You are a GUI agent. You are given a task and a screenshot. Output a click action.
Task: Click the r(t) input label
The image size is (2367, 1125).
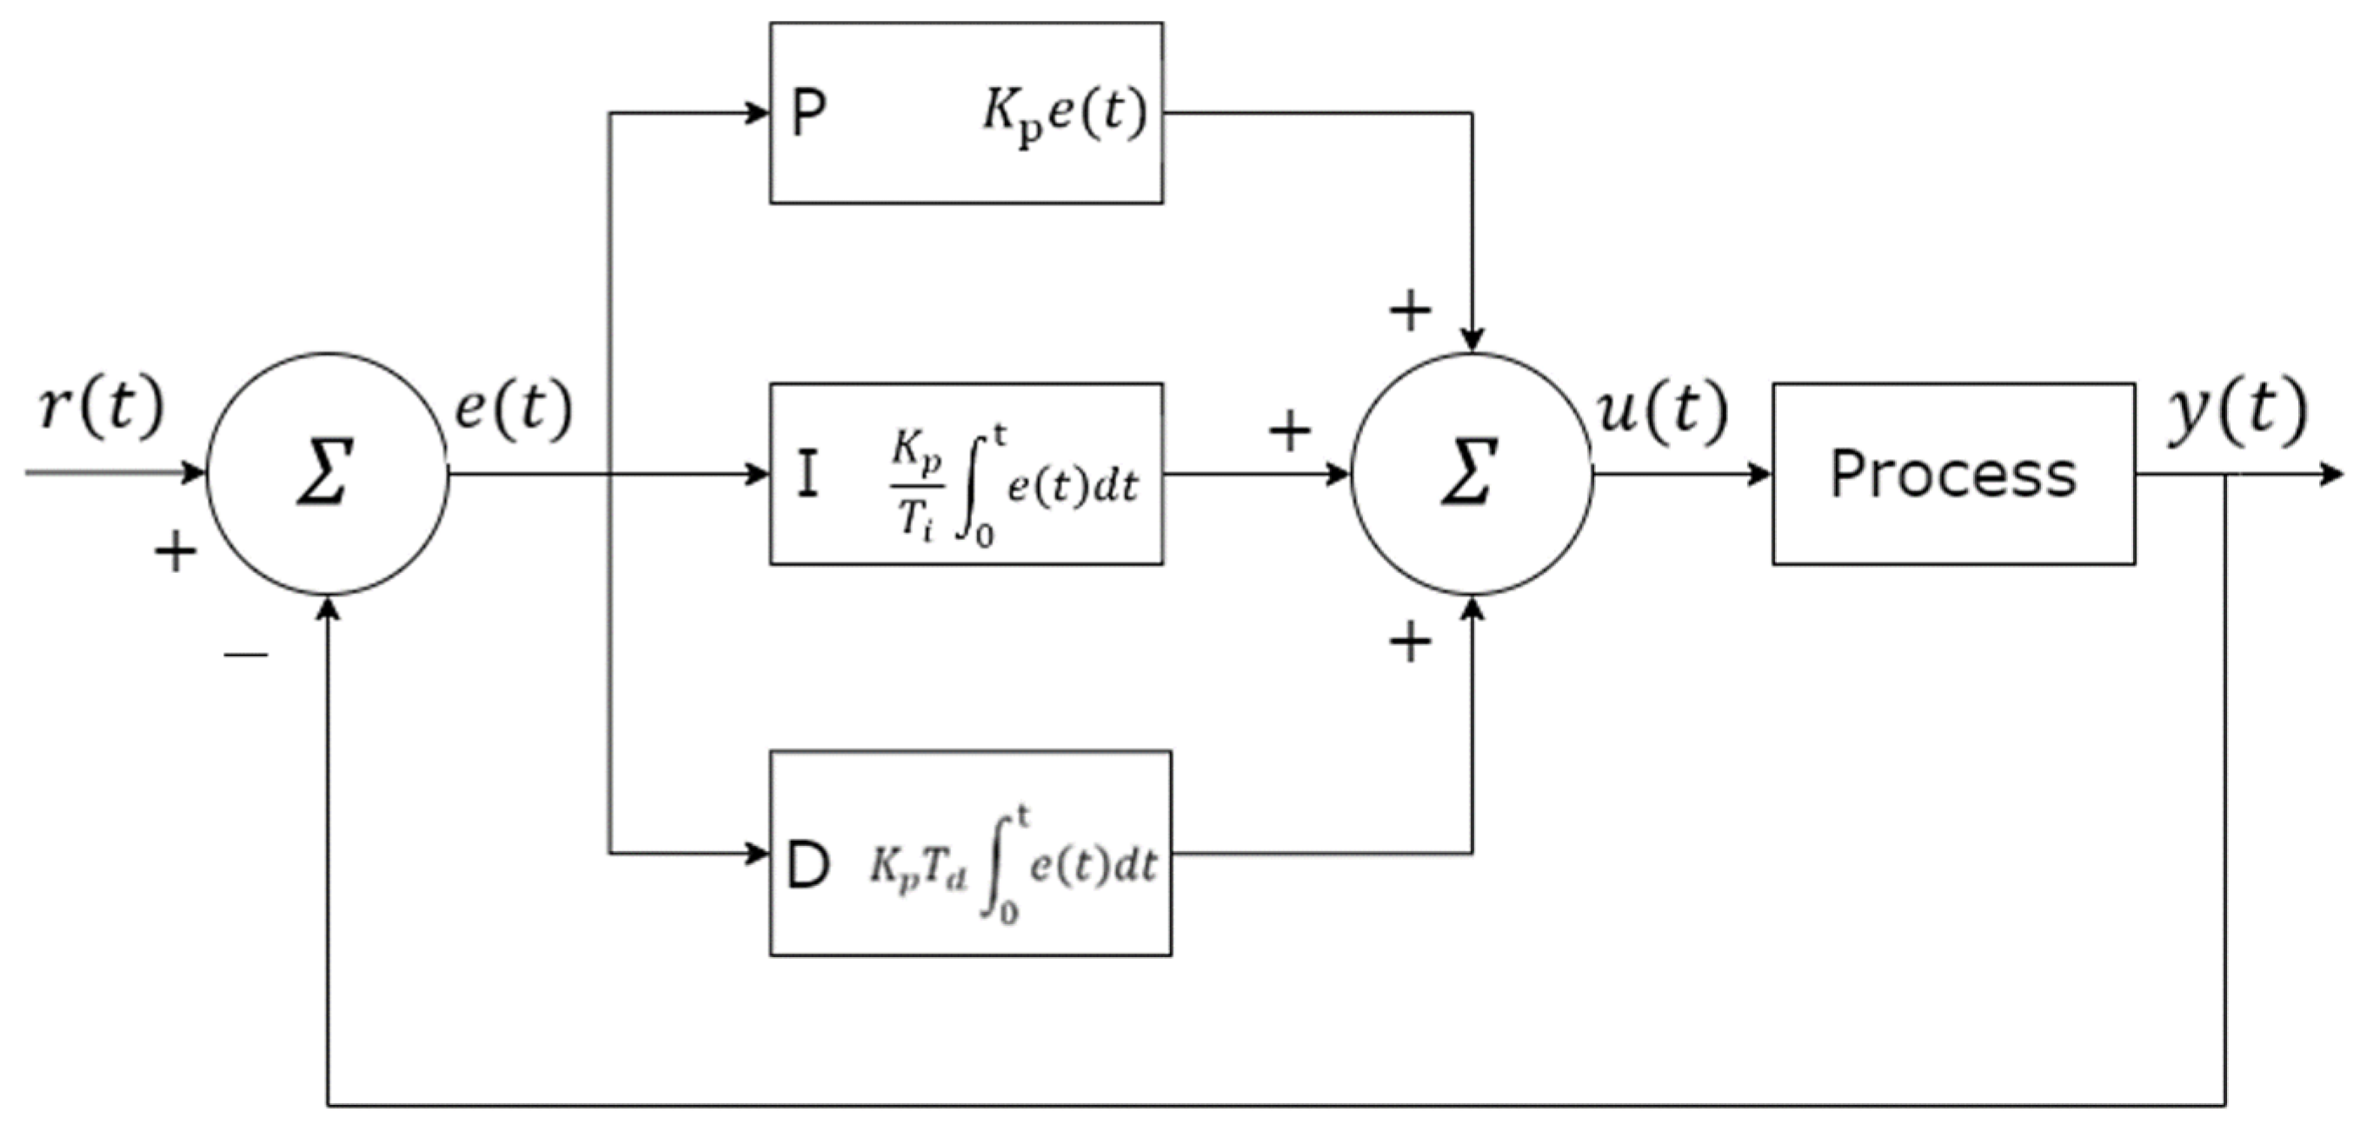101,406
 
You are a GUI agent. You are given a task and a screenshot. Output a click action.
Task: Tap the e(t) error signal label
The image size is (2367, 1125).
514,406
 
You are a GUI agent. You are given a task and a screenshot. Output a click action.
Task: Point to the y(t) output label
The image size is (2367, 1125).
2237,411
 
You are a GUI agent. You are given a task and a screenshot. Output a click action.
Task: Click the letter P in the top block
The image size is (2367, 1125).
808,115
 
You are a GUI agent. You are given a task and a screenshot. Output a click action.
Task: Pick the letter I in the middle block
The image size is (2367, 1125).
807,476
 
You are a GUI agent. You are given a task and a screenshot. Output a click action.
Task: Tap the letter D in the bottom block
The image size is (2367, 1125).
808,867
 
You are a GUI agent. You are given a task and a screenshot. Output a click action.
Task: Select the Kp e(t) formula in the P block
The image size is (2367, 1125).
1064,115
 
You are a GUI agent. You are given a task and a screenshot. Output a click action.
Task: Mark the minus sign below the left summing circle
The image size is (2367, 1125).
245,655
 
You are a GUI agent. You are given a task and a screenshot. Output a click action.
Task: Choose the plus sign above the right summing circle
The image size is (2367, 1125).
1411,310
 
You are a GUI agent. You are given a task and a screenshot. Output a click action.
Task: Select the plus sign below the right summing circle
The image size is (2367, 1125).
1411,642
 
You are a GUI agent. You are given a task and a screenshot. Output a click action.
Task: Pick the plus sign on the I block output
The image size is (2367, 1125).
1289,430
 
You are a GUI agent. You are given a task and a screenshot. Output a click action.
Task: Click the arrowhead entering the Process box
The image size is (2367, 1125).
1759,475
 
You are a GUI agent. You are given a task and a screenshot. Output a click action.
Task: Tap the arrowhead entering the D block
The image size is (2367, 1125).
758,854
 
